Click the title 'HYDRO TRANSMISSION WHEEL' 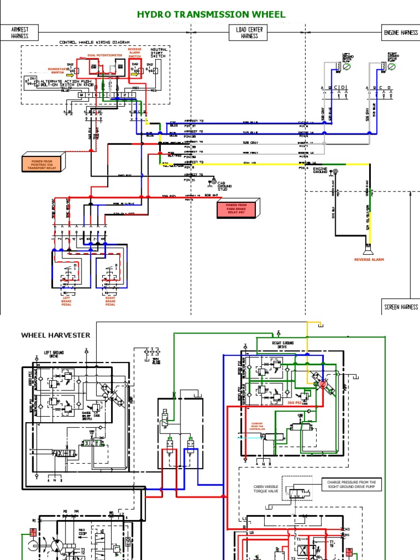point(211,15)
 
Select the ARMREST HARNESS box point(19,33)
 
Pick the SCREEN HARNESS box point(400,307)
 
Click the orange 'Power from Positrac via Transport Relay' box point(43,163)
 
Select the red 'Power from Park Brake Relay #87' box point(236,208)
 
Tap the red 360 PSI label point(294,402)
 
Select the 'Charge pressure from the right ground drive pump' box point(352,485)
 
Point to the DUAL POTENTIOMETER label point(103,55)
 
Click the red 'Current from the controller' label point(258,427)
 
